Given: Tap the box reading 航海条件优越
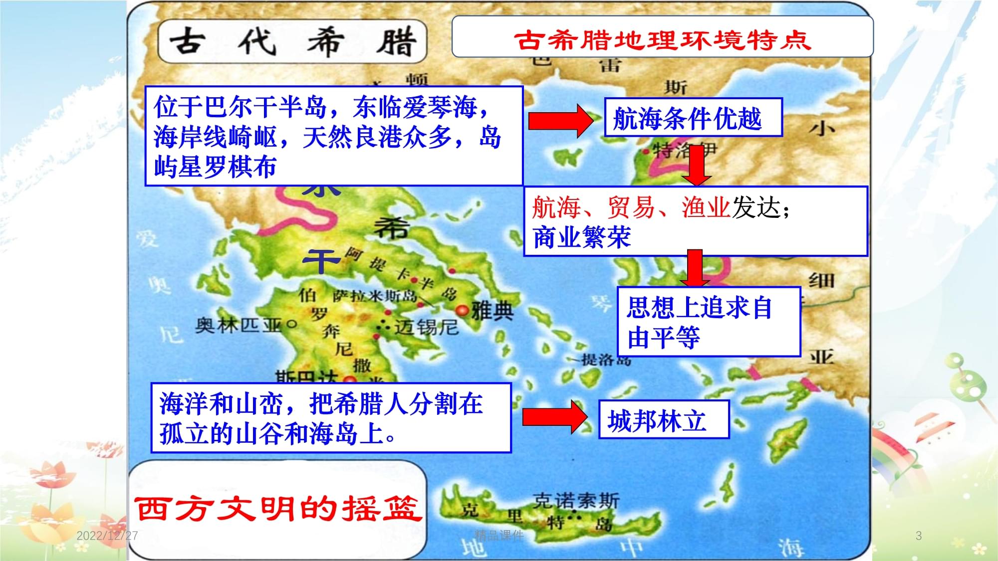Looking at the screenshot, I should [x=693, y=118].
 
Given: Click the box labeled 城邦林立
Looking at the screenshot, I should [x=663, y=420].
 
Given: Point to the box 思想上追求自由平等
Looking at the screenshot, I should [x=709, y=322].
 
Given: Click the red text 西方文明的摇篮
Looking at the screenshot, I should [x=277, y=509].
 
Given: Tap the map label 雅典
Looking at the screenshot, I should [x=493, y=311].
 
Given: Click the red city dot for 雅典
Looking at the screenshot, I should [x=463, y=310].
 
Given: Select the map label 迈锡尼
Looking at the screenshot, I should [x=426, y=328].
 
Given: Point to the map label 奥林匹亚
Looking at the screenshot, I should [x=239, y=325].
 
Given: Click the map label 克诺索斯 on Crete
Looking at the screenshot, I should [x=576, y=500].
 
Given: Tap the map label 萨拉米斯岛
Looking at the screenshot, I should [x=374, y=296].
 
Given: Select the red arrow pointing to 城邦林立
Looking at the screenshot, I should [x=554, y=416].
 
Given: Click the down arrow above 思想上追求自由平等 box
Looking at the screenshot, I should [x=695, y=268].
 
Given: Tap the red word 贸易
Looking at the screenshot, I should [x=631, y=207].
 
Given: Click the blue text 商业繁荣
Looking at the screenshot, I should [x=582, y=237].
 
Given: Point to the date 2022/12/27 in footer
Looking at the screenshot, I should [x=107, y=536].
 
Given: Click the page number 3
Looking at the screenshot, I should [x=918, y=536].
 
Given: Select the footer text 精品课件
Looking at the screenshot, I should [x=499, y=535].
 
